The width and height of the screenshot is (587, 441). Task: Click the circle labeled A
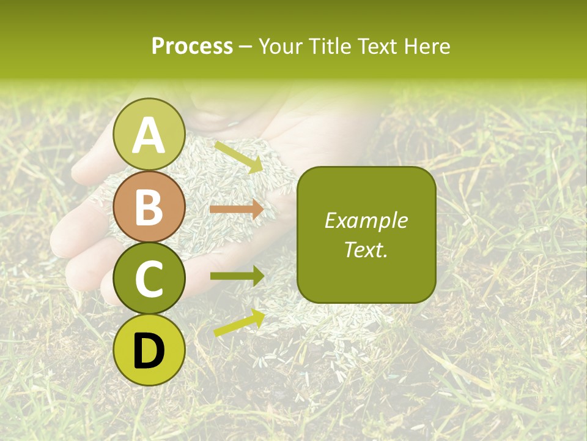tap(149, 134)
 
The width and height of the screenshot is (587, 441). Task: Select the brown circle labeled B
tap(149, 206)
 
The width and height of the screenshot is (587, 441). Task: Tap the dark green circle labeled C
tap(149, 278)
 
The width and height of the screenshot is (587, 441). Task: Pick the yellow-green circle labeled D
tap(149, 350)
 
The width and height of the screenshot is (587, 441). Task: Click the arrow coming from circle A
tap(238, 157)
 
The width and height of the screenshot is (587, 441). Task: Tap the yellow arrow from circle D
tap(239, 323)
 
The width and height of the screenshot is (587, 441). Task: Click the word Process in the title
tap(192, 47)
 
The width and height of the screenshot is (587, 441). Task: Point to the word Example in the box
tap(366, 221)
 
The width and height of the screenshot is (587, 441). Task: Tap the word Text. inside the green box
tap(366, 249)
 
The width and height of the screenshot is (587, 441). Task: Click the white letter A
tap(149, 135)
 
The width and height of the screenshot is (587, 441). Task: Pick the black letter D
tap(149, 350)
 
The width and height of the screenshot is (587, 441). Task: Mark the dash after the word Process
tap(246, 47)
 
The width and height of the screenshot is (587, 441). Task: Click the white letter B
tap(149, 207)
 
